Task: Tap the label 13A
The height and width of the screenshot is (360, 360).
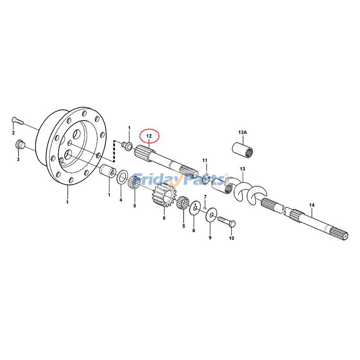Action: [x=243, y=132]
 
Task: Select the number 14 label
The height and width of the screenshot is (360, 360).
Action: [x=312, y=205]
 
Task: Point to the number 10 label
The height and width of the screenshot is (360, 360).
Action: [x=231, y=238]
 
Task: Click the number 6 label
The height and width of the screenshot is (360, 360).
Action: [x=164, y=218]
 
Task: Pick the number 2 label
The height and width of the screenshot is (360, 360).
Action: [x=13, y=133]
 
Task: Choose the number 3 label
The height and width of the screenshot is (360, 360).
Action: [x=18, y=159]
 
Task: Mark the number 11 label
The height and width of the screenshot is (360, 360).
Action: [x=204, y=161]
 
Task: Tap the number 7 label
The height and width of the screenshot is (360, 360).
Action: [x=205, y=197]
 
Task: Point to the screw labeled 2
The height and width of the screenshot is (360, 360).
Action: [x=17, y=121]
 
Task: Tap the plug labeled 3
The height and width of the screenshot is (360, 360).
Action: [x=19, y=145]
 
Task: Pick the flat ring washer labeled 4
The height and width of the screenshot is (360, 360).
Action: [x=121, y=179]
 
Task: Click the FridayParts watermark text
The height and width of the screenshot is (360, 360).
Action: [x=180, y=180]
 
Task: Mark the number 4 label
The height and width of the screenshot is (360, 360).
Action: [x=121, y=200]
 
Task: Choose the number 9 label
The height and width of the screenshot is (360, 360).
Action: [x=210, y=237]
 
